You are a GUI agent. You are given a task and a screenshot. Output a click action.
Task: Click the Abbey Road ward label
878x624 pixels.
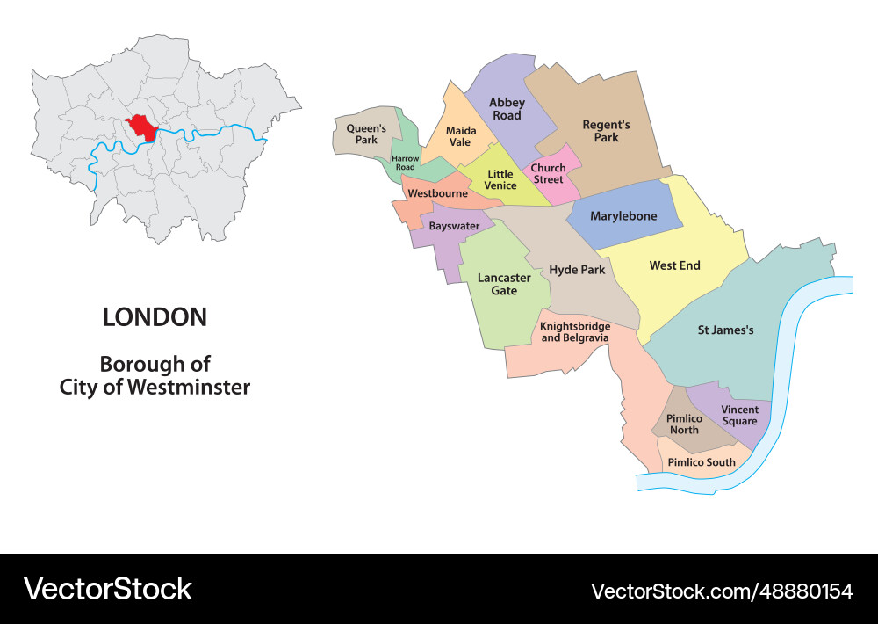(x=507, y=109)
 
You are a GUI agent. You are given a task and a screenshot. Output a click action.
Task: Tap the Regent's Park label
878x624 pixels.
(x=606, y=131)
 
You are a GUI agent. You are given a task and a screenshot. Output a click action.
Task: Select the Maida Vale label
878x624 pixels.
(x=460, y=136)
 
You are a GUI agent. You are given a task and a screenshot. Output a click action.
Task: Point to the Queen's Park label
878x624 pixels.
(x=366, y=134)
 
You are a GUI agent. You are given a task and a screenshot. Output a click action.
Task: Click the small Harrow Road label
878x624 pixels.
(x=405, y=163)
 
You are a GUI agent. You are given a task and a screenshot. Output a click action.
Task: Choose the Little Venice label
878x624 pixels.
(x=500, y=179)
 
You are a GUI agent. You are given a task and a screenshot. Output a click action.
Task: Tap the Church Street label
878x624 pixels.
(x=549, y=173)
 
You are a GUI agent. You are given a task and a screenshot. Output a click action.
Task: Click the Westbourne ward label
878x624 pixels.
(x=437, y=193)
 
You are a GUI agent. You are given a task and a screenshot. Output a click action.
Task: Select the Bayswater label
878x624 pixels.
(x=454, y=226)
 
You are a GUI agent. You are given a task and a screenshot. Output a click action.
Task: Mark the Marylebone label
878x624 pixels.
(x=623, y=216)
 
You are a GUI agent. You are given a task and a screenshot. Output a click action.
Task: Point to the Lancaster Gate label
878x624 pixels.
(x=504, y=284)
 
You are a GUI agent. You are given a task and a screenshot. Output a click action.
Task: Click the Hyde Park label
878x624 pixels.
(x=577, y=270)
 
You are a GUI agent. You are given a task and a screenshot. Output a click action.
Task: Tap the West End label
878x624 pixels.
(x=674, y=265)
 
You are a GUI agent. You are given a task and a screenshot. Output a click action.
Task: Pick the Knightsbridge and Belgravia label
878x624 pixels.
(x=575, y=331)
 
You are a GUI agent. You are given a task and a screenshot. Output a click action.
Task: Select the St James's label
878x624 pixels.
(x=725, y=330)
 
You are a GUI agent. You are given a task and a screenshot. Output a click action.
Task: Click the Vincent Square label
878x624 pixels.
(x=739, y=415)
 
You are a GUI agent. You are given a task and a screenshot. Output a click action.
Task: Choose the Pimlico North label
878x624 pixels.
(x=684, y=424)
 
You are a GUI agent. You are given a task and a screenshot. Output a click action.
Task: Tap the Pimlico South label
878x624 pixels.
(x=702, y=462)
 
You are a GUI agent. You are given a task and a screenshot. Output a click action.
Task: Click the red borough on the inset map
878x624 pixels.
(x=140, y=128)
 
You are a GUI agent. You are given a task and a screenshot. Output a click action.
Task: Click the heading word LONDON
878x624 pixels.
(x=155, y=317)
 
